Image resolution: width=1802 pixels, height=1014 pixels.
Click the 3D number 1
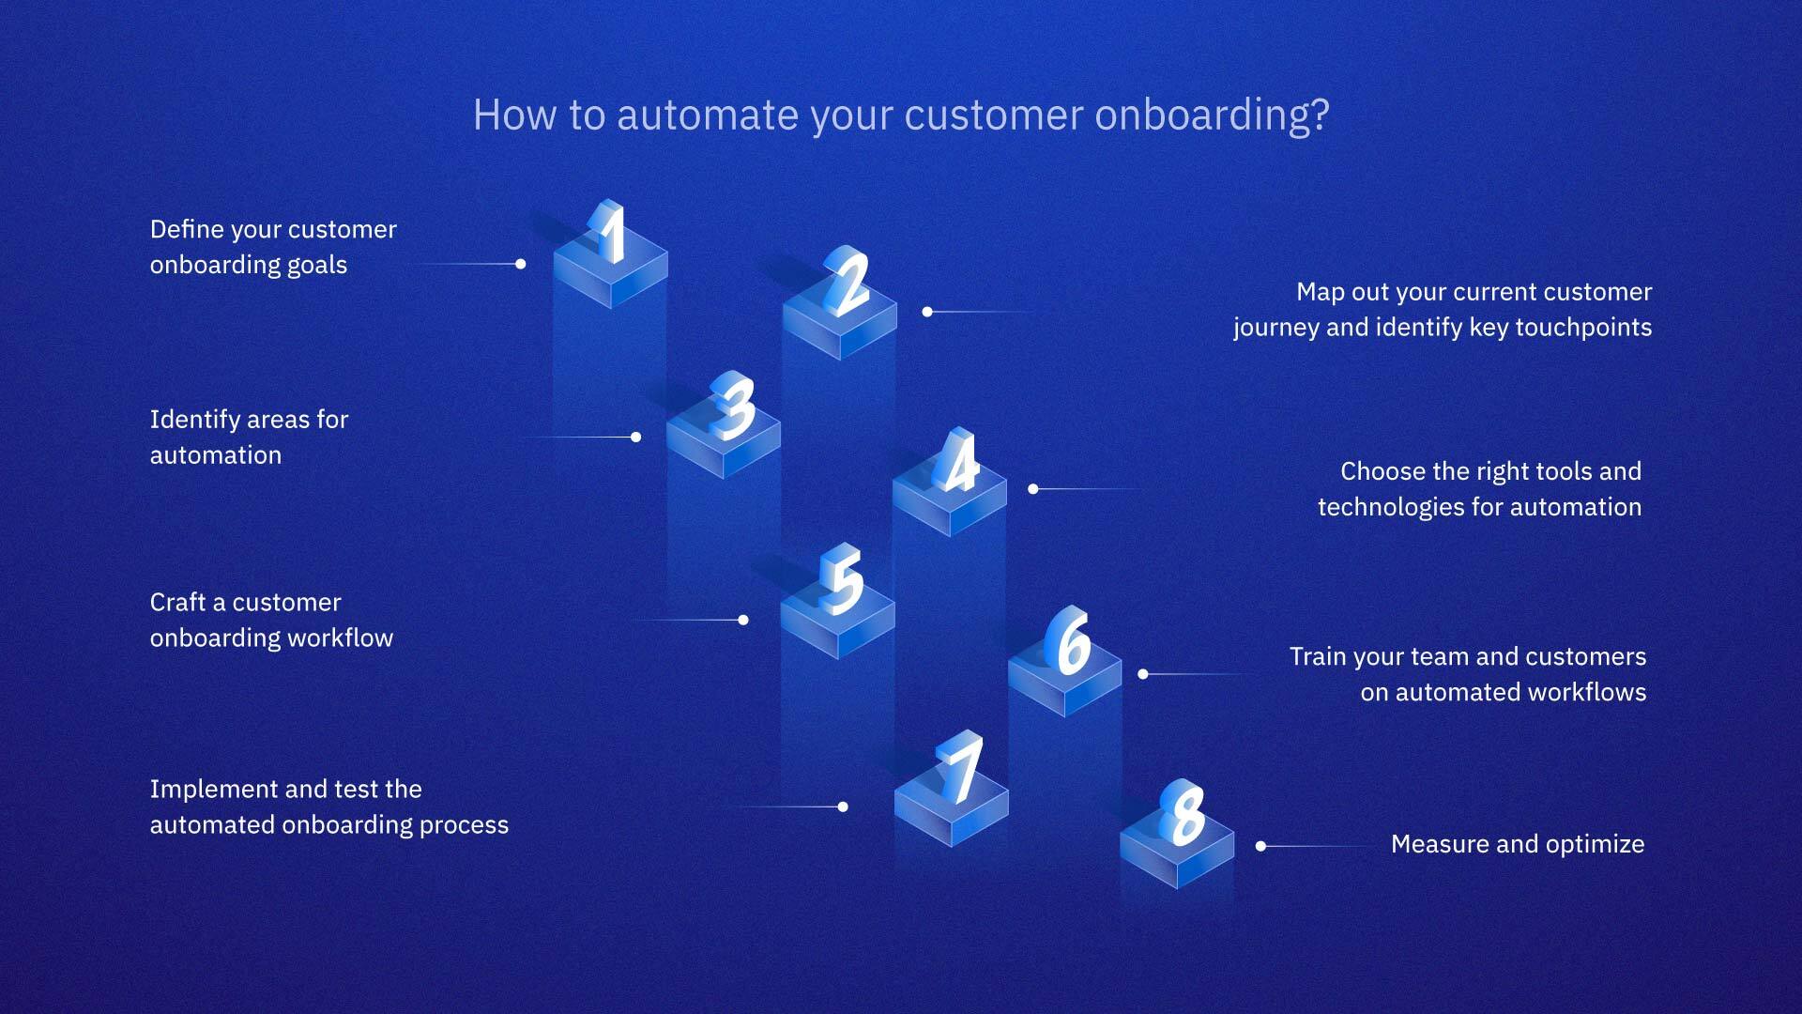[x=609, y=232]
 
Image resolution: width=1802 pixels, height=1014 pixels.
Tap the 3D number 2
[x=848, y=281]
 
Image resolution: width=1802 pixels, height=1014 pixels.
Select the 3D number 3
[x=733, y=406]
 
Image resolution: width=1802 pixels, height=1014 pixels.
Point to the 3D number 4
[x=958, y=461]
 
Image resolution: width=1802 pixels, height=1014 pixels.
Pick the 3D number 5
[x=842, y=579]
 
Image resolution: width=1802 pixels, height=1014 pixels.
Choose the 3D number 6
[x=1071, y=641]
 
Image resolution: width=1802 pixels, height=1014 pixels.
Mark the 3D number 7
[x=961, y=767]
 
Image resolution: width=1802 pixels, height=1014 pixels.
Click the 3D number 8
[x=1183, y=812]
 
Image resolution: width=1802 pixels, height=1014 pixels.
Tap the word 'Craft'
[x=177, y=602]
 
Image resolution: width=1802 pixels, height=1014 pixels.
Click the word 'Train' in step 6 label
[x=1318, y=656]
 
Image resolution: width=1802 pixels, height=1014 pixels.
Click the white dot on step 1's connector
[x=520, y=264]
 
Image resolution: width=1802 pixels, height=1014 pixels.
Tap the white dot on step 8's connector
[x=1260, y=846]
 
